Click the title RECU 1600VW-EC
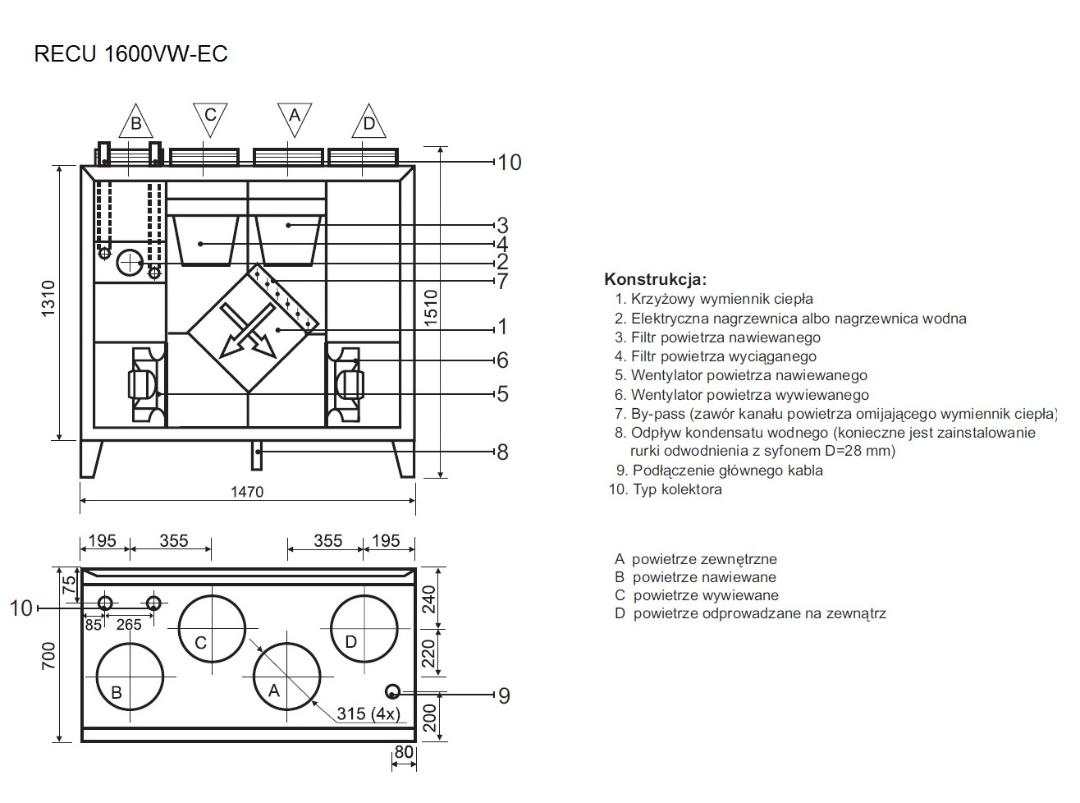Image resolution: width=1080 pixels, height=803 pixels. [130, 54]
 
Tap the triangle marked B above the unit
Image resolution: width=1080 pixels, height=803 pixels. [136, 122]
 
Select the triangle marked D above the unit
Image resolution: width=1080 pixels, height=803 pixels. [368, 122]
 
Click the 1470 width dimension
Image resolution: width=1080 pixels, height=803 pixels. [247, 491]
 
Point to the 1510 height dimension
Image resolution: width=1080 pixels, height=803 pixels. [432, 309]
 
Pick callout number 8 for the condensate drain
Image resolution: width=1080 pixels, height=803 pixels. [502, 452]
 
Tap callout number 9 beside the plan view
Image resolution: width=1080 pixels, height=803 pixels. [504, 696]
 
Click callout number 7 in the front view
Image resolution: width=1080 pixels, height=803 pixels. [502, 282]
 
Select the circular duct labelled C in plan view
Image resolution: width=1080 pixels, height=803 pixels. [212, 627]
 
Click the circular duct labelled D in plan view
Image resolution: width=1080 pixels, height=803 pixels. [364, 626]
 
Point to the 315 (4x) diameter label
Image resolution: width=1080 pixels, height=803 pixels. [368, 714]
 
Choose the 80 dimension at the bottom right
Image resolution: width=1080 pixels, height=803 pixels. [404, 751]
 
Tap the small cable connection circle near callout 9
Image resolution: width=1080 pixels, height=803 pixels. [392, 691]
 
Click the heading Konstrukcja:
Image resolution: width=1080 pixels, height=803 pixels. [655, 279]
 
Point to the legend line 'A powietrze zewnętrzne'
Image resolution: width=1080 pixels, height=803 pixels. [695, 559]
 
